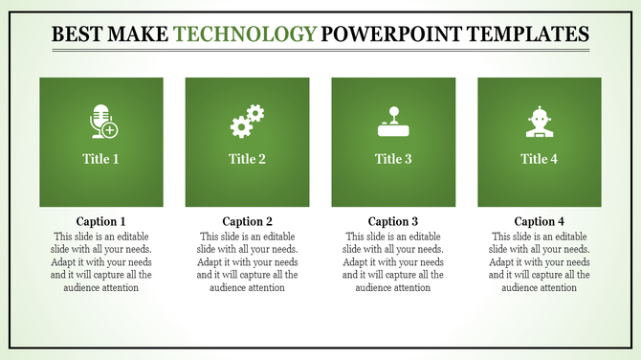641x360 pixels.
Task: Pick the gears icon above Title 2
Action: pos(247,122)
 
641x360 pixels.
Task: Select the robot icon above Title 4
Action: pos(539,122)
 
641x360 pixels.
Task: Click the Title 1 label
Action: pos(101,159)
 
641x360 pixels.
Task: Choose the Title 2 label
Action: pos(247,159)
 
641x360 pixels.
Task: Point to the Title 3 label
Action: pos(393,159)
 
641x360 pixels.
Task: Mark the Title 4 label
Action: pos(539,159)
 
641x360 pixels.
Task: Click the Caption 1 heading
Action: pos(101,221)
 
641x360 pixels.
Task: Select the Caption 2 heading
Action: pos(247,221)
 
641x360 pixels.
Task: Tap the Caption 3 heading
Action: pos(393,221)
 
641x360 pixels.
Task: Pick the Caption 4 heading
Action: pos(539,221)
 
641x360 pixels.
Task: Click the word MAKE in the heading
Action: pos(144,35)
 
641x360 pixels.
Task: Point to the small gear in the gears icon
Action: pos(255,114)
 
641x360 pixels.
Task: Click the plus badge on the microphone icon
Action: pos(111,129)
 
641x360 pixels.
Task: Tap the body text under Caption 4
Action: pos(539,261)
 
